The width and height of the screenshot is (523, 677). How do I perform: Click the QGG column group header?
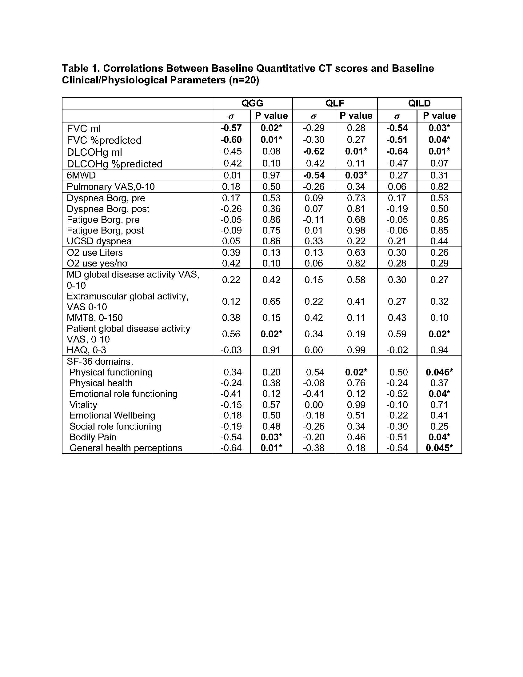[252, 103]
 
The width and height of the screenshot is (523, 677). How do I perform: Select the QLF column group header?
[335, 103]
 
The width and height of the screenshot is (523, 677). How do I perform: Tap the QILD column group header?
[419, 103]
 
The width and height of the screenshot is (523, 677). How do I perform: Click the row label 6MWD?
[81, 175]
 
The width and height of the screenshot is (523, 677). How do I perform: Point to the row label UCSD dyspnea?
[99, 241]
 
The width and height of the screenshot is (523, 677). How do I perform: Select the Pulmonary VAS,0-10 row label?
[111, 186]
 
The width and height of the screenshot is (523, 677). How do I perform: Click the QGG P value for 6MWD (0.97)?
[271, 175]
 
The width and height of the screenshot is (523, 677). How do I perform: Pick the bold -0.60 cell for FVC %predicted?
[231, 140]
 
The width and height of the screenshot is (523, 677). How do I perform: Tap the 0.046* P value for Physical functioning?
[439, 372]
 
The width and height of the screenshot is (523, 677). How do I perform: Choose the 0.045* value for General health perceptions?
[439, 448]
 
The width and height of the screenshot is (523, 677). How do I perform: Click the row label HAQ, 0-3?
[86, 350]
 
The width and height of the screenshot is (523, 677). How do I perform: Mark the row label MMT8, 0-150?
[94, 318]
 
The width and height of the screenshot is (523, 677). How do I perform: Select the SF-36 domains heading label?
[100, 362]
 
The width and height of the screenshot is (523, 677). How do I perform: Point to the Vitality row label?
[83, 405]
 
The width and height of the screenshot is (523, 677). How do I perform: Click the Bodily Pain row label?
[93, 437]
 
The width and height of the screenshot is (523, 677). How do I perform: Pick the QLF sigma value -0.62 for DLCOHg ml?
[313, 152]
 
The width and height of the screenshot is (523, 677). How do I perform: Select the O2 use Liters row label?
[94, 252]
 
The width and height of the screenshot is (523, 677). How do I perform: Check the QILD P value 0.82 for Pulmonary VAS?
[439, 186]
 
